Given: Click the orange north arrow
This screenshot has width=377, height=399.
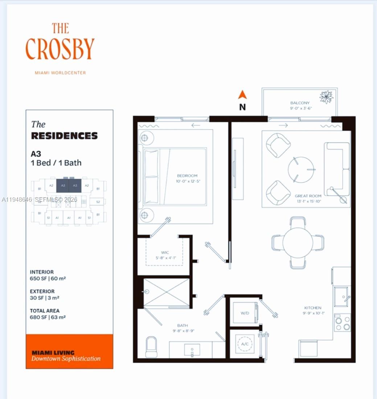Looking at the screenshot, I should tap(242, 95).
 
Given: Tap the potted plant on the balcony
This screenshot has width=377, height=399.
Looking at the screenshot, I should tap(326, 97).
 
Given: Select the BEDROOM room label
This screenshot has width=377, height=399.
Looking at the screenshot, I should tap(187, 176).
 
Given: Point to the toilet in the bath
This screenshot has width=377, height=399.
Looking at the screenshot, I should tap(151, 347).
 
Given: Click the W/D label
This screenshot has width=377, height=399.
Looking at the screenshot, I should tap(244, 313).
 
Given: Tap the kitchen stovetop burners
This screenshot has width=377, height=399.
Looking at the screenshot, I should tap(342, 323).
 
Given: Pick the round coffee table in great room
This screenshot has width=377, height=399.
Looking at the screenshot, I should tap(302, 170).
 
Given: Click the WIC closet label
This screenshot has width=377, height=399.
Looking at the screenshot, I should tap(165, 253).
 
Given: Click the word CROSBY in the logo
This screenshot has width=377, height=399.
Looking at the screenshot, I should tap(60, 49).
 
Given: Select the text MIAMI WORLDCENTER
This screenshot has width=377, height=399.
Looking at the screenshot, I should tap(60, 73).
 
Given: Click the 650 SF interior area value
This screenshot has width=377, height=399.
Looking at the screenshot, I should tap(48, 279).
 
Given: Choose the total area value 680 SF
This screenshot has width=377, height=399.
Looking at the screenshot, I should tap(48, 317).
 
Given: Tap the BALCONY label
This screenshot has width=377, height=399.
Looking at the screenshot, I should tap(300, 103).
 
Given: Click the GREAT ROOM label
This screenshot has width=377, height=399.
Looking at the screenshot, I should tap(308, 196).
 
